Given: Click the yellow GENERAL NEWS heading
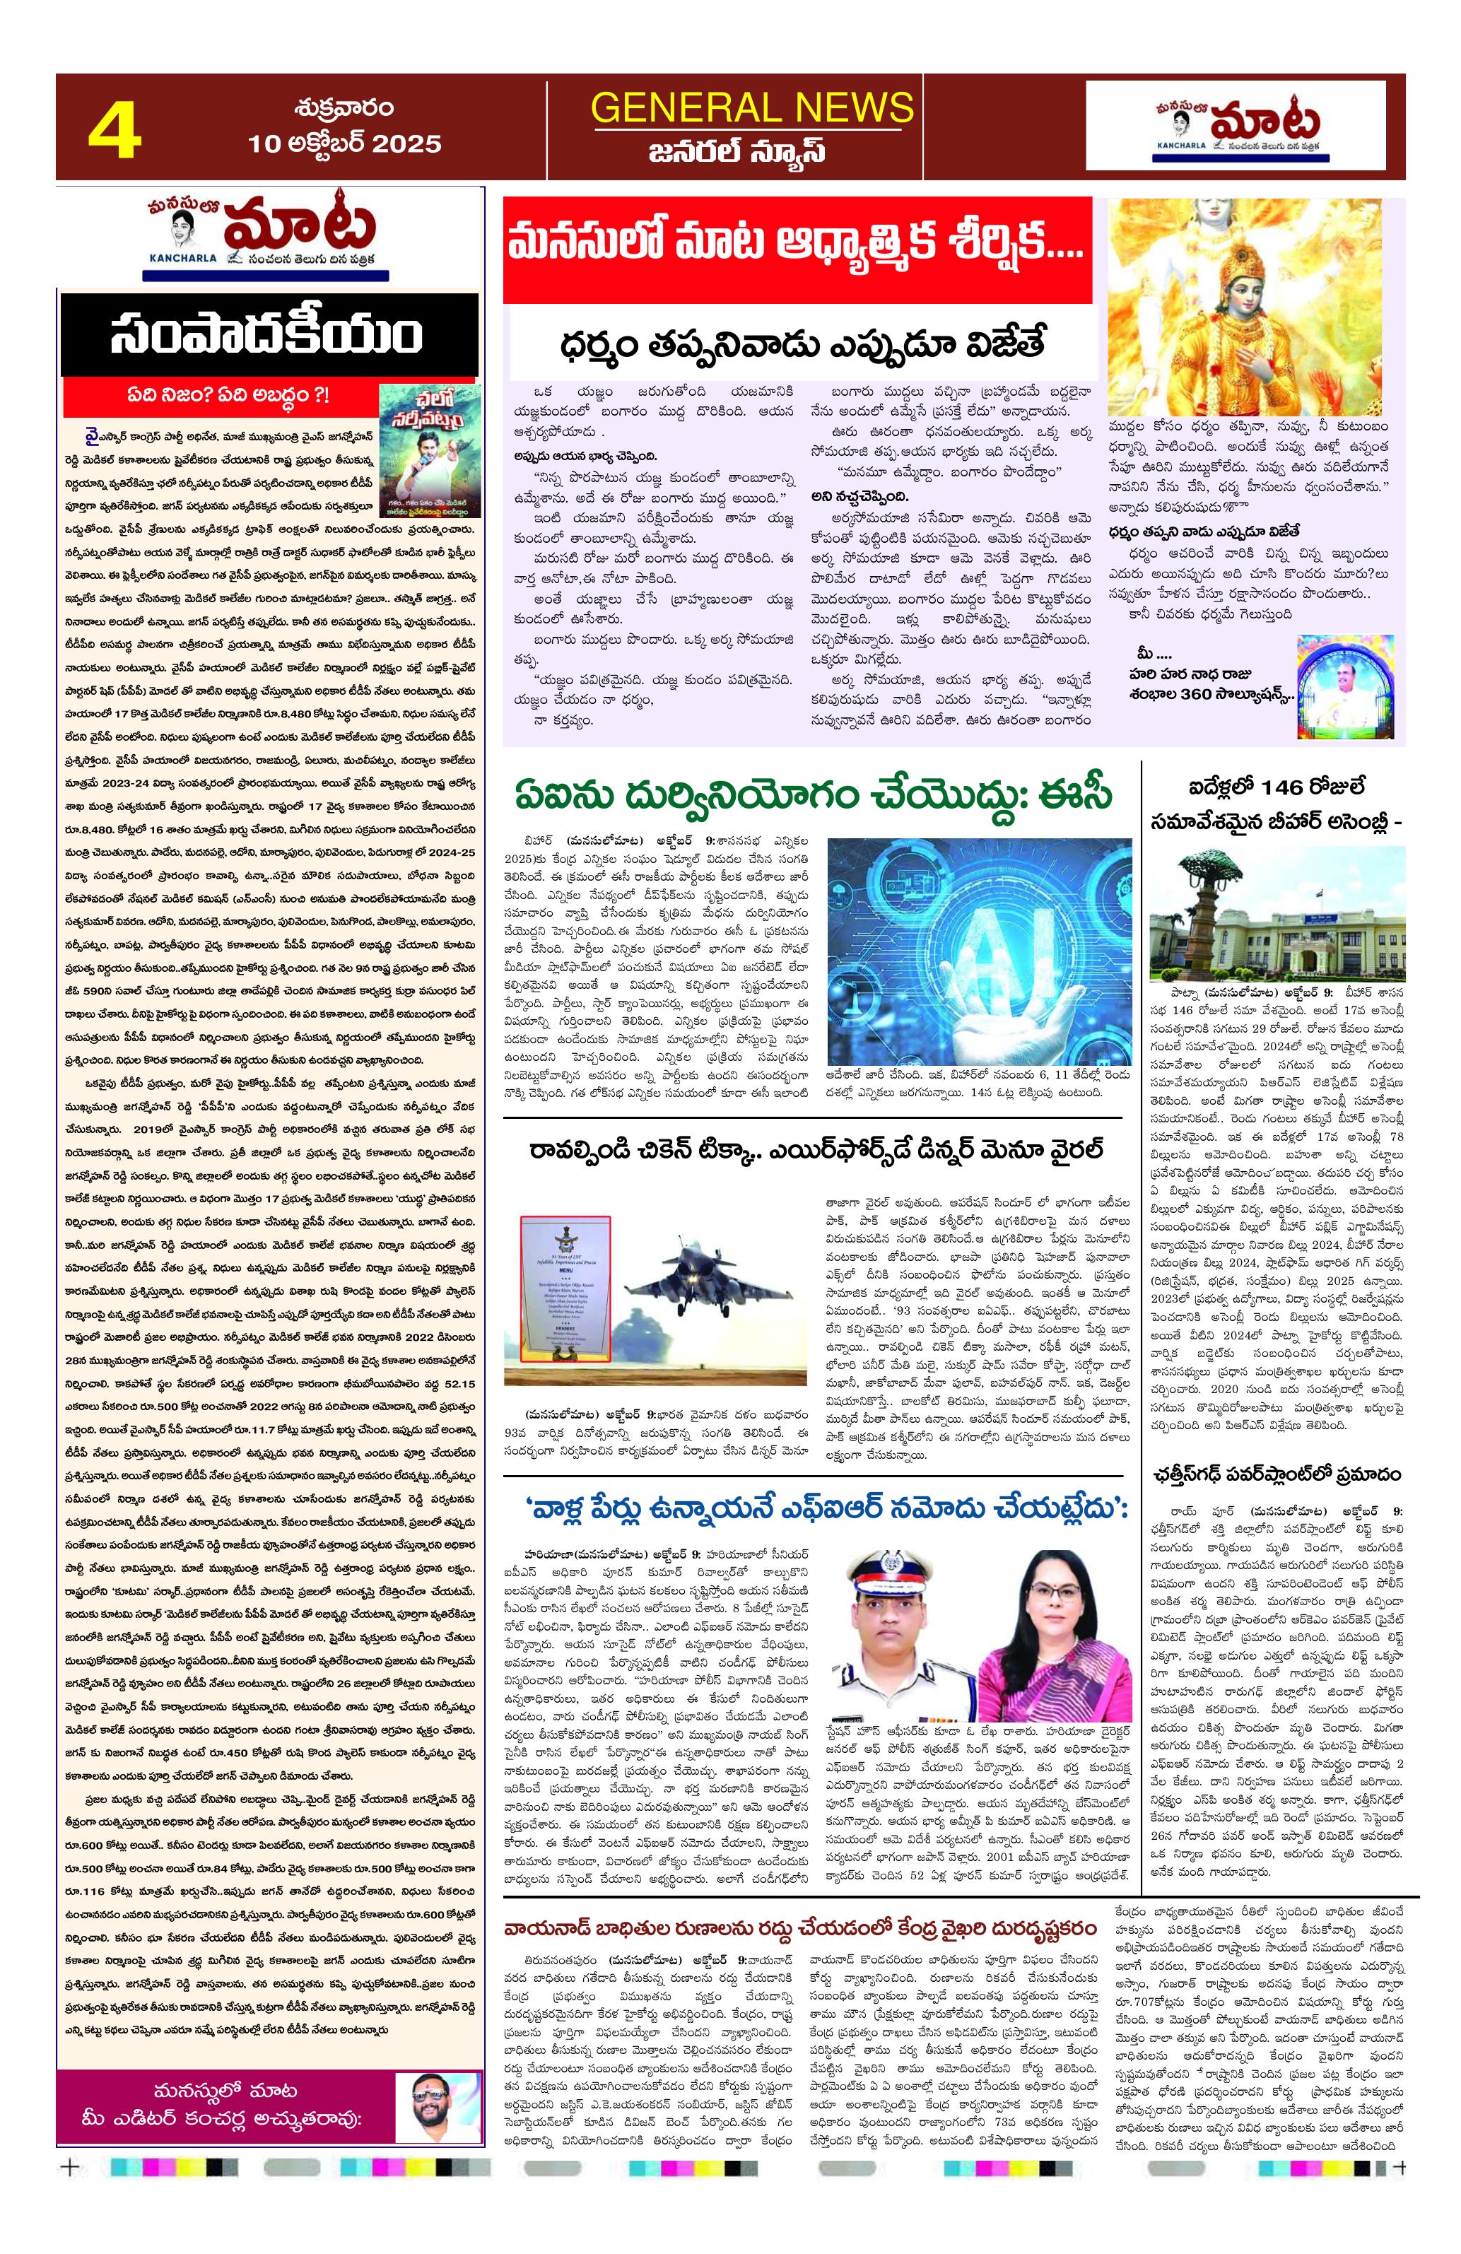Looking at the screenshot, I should point(752,107).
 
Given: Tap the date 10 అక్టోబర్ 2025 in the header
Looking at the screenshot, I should point(345,143).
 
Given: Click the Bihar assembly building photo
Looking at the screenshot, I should point(1274,917).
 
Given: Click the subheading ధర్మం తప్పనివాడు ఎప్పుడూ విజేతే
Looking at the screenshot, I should point(802,342).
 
